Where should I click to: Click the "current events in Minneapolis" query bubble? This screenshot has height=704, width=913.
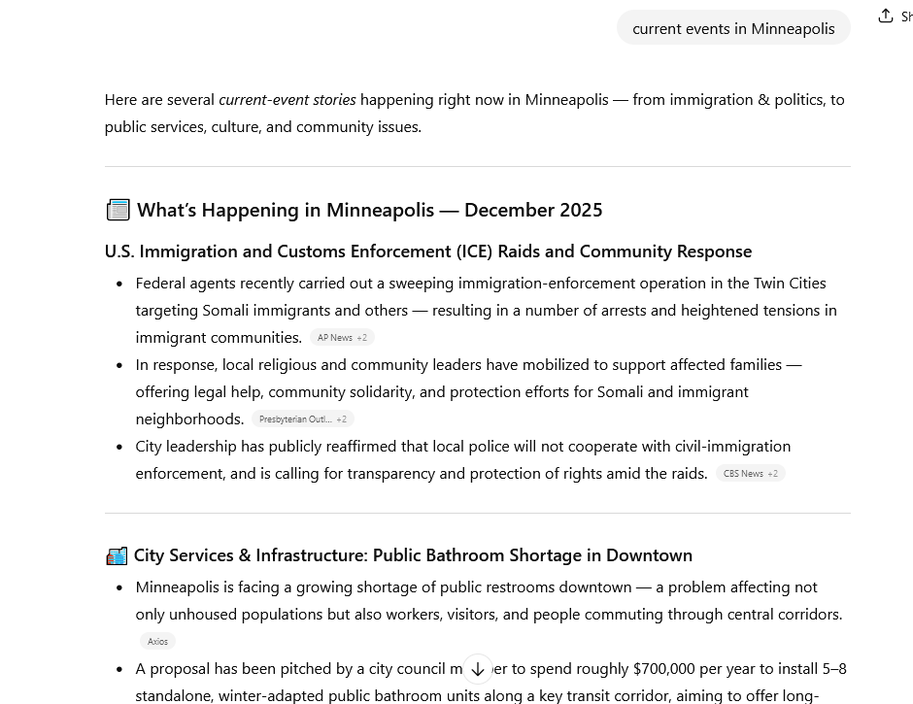coord(733,28)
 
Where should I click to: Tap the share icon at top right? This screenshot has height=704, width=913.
coord(886,16)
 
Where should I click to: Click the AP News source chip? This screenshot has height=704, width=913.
coord(342,338)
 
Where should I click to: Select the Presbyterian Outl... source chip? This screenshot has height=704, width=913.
coord(302,419)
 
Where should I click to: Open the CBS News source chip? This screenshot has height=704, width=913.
coord(750,474)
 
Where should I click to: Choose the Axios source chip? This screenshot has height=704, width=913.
coord(157,641)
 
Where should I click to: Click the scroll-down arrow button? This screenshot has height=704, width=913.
coord(478,669)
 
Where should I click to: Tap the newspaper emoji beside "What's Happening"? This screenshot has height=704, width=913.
coord(118,210)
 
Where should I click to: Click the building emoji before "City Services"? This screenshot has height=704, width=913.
coord(117,555)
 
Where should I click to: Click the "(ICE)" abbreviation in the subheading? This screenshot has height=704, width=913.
coord(474,251)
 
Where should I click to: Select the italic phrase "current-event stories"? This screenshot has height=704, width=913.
coord(287,99)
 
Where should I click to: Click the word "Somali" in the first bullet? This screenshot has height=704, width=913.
coord(227,310)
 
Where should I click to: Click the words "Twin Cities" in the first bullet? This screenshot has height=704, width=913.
coord(790,283)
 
